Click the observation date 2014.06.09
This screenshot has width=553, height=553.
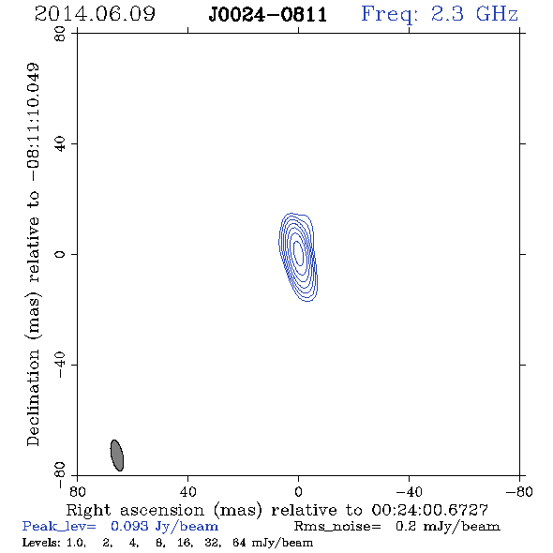coord(95,14)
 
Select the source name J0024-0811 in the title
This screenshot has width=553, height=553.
coord(268,15)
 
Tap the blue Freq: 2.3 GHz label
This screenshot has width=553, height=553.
coord(440,15)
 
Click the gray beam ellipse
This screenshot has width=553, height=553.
coord(117,456)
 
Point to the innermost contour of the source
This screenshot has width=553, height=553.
coord(298,253)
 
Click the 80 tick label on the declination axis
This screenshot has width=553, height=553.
coord(60,34)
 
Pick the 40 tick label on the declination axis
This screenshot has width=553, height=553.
coord(60,144)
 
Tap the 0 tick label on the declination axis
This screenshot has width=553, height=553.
coord(60,254)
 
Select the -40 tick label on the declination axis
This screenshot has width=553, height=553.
coord(60,365)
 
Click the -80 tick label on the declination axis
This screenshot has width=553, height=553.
coord(60,475)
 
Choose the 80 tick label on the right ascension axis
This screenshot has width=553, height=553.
coord(77,492)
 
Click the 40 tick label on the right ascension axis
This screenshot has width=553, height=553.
coord(187,492)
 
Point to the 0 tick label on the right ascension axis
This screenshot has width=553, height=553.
coord(298,492)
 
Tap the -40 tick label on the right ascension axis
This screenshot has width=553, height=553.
coord(409,492)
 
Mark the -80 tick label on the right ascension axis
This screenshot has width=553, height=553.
coord(519,492)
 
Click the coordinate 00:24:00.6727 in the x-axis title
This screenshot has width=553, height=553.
coord(429,510)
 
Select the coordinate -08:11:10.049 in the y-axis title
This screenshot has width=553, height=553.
coord(34,123)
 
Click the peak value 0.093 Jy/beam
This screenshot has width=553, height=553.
coord(164,526)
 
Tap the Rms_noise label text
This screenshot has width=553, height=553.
coord(337,527)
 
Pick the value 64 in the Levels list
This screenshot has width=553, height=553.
coord(239,542)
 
